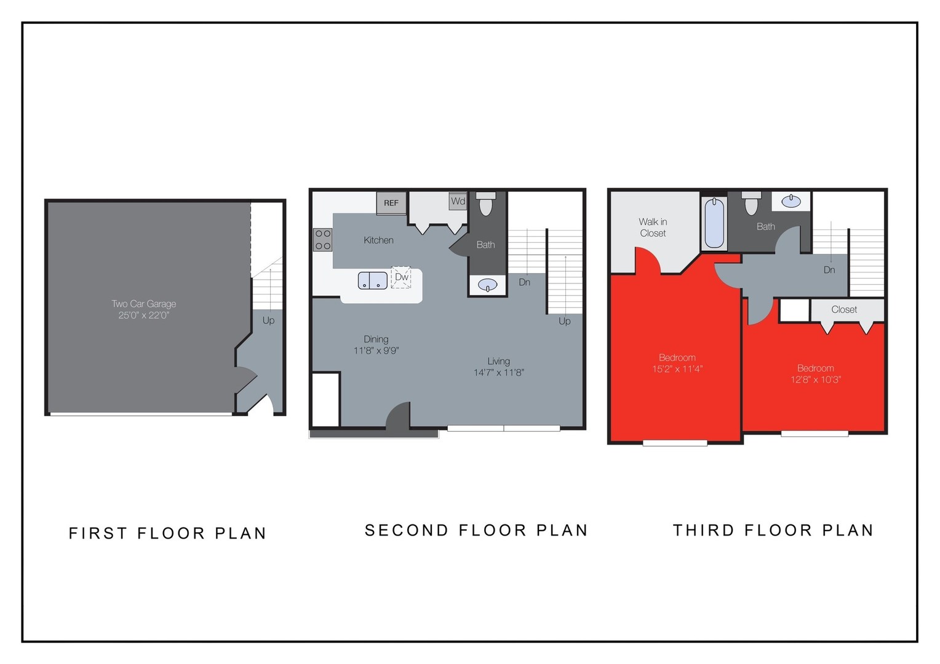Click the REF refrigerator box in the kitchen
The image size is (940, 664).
391,203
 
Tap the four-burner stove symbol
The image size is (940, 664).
323,240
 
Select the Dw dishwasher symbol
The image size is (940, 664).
401,277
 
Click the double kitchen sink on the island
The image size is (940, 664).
373,281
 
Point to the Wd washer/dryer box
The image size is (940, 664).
458,201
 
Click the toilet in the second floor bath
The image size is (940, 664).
486,204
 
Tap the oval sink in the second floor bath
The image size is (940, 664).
488,285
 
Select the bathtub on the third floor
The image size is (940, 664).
714,223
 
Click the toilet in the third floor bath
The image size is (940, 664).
751,204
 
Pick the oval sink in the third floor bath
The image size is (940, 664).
791,201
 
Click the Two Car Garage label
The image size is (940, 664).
144,304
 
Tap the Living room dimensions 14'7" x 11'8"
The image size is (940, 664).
498,373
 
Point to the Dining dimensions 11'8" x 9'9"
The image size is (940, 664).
376,350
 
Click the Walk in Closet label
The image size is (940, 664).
653,227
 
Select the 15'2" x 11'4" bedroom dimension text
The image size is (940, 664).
677,369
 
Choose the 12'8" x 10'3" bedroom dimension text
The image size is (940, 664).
816,379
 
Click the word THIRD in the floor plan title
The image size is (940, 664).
704,530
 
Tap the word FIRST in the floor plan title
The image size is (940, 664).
98,533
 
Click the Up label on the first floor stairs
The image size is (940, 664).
269,320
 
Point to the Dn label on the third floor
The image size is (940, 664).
829,270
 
